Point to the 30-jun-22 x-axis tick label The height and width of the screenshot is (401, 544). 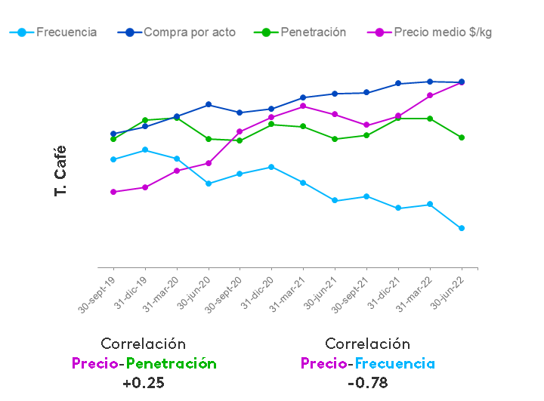[447, 291]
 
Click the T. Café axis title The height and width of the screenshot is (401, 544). [61, 171]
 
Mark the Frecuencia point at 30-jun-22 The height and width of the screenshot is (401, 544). [462, 228]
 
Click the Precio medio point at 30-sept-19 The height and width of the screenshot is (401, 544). [113, 192]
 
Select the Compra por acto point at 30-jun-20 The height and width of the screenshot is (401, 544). [209, 104]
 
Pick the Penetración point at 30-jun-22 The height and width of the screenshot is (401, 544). [462, 137]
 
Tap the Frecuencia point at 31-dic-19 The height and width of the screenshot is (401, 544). [145, 150]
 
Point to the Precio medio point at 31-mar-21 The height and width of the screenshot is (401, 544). [303, 106]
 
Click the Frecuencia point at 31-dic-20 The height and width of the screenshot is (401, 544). [271, 167]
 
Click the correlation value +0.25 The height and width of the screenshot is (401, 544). [143, 382]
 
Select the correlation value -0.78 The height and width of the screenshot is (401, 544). [367, 382]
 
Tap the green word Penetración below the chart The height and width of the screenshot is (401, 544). [172, 363]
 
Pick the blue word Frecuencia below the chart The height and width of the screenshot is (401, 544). [395, 363]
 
